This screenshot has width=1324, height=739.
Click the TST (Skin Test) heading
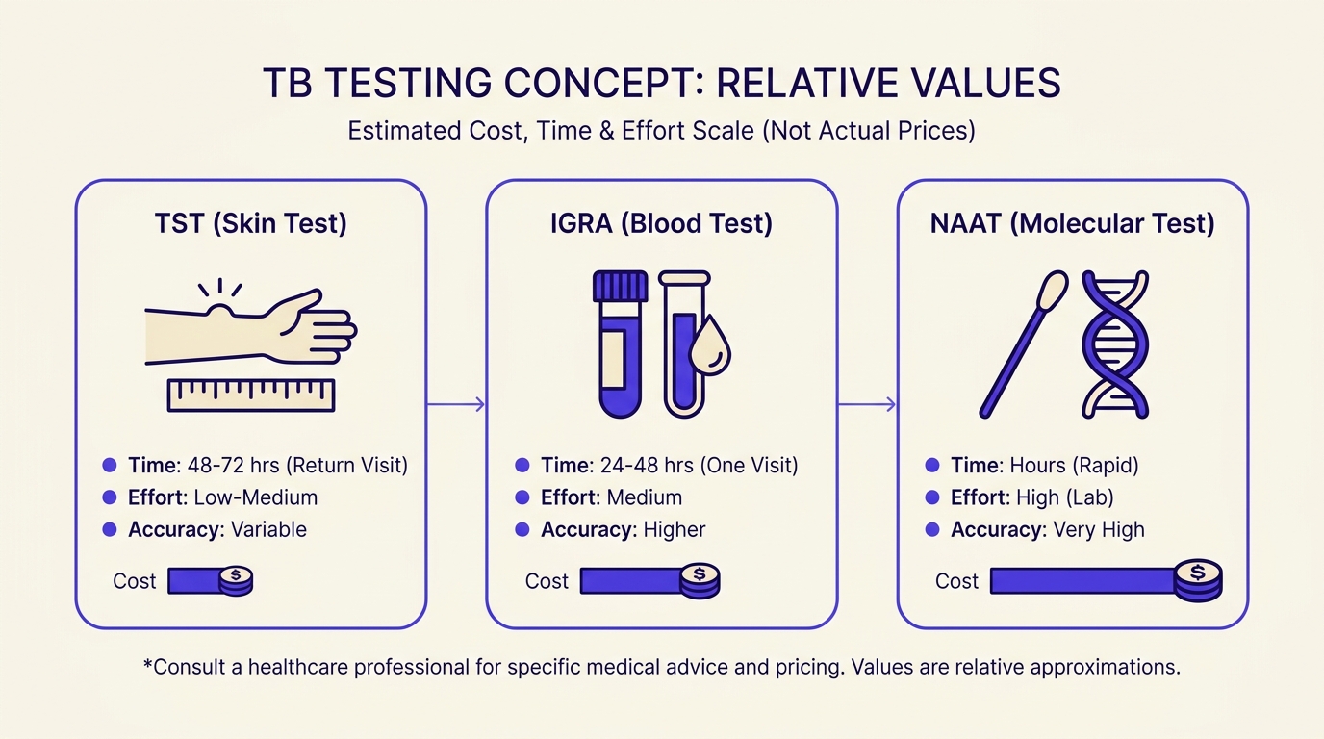point(250,224)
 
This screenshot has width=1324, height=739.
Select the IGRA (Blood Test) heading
point(661,224)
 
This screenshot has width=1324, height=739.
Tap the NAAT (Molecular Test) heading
point(1072,224)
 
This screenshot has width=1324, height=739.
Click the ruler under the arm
point(250,395)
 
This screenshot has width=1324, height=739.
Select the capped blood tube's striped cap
point(620,286)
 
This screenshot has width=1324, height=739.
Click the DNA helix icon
point(1116,344)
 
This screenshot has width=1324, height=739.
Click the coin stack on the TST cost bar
point(235,581)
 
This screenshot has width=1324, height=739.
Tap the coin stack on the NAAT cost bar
point(1198,579)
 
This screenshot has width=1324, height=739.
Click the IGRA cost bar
point(630,581)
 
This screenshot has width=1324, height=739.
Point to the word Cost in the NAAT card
point(956,581)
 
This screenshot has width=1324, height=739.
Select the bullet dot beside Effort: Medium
point(522,497)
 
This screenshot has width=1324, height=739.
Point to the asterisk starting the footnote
point(147,664)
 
